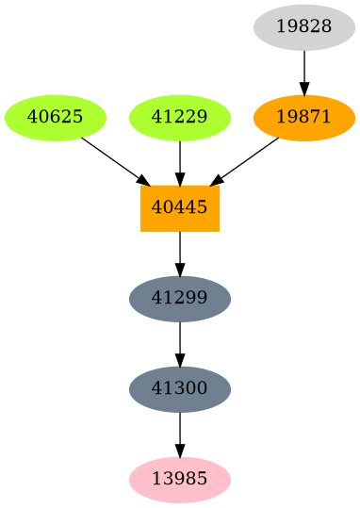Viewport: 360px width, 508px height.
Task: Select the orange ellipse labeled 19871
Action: pyautogui.click(x=304, y=118)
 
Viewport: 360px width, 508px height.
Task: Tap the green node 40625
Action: pyautogui.click(x=56, y=118)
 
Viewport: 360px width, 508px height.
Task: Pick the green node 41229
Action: pyautogui.click(x=180, y=118)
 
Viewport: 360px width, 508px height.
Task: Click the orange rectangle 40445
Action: pyautogui.click(x=180, y=208)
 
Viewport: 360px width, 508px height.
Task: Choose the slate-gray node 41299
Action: pyautogui.click(x=180, y=299)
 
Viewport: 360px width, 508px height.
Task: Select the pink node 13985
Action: pyautogui.click(x=180, y=480)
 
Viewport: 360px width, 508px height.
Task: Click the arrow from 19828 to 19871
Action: pyautogui.click(x=304, y=72)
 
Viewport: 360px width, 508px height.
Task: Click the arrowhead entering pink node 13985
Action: pyautogui.click(x=180, y=451)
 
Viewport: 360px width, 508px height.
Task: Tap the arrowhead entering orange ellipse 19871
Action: pyautogui.click(x=304, y=89)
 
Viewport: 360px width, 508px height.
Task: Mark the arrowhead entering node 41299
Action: pyautogui.click(x=180, y=270)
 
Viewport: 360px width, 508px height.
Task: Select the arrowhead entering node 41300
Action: pyautogui.click(x=180, y=360)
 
